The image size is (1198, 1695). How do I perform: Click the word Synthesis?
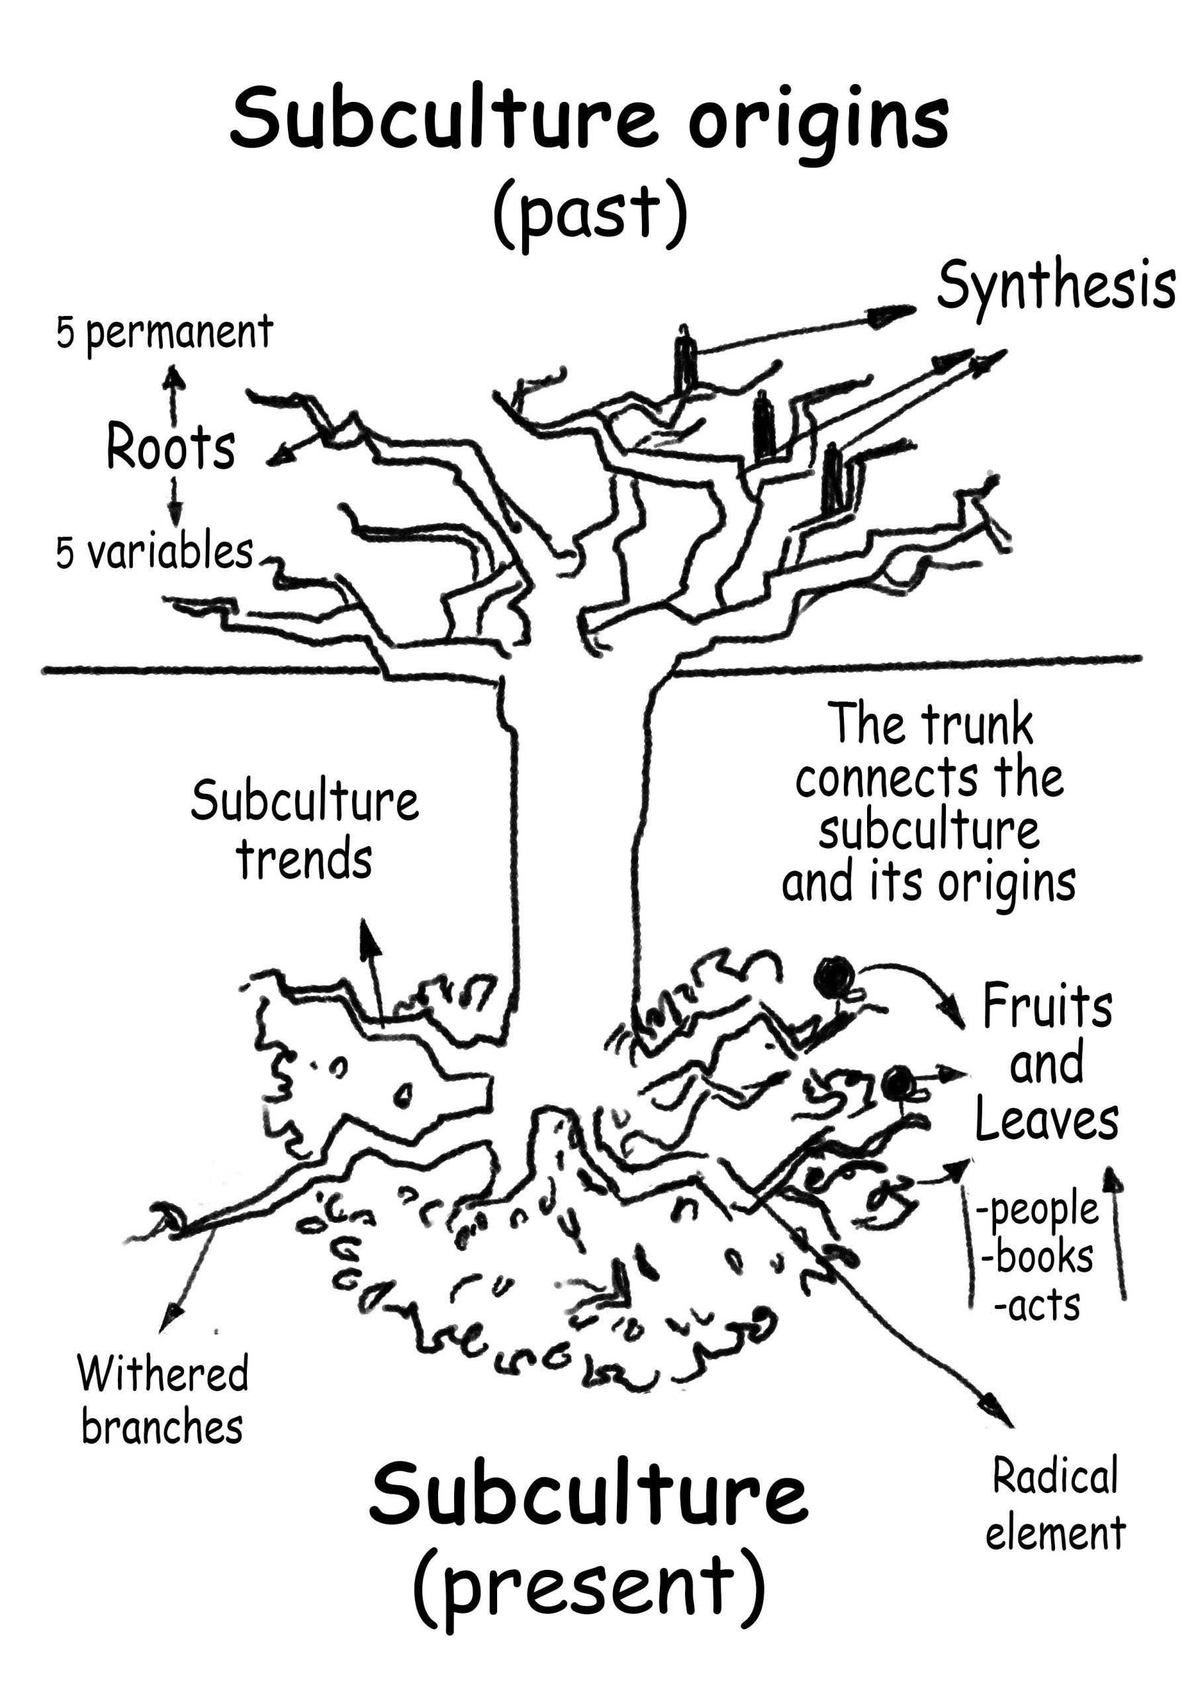(x=1055, y=288)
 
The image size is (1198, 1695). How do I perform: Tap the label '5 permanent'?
(x=164, y=334)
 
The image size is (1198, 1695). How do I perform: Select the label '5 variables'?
(x=154, y=553)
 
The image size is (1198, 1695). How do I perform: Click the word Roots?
(x=171, y=448)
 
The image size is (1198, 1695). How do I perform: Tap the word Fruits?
(x=1046, y=1007)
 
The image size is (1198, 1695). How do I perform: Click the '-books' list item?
(x=1037, y=1256)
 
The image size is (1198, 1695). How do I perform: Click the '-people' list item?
(x=1037, y=1209)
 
